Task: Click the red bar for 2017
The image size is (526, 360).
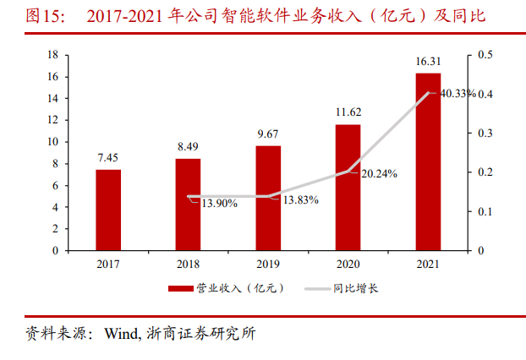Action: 108,210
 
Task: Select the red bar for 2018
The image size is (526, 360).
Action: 188,205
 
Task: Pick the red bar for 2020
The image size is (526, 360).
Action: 348,187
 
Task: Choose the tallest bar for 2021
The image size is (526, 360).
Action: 428,161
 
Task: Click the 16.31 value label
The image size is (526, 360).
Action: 428,62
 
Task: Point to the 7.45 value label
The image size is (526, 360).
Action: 108,158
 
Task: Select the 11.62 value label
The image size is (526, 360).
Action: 348,112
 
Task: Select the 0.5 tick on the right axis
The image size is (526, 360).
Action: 485,55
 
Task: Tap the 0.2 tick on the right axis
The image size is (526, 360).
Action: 485,172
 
